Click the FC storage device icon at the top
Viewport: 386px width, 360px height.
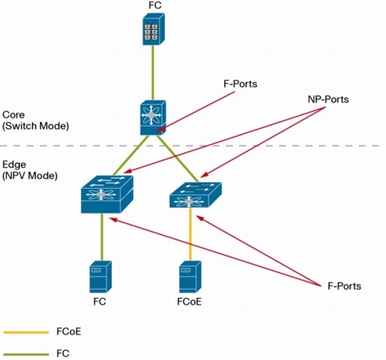point(154,31)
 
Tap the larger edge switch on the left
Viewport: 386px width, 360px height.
point(103,194)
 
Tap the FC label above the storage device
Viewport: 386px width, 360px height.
point(154,7)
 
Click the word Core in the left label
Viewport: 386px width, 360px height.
point(15,113)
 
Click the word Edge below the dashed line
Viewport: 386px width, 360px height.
point(15,165)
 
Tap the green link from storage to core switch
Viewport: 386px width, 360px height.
point(154,74)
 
